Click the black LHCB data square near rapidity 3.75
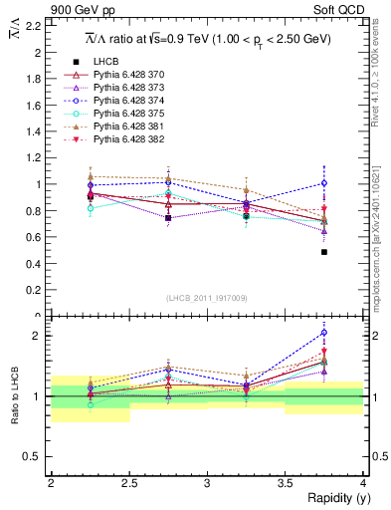coord(324,252)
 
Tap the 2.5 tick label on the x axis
coord(128,482)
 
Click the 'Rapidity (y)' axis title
coord(333,498)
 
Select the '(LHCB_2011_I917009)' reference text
coord(207,298)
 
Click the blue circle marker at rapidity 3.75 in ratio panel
coord(324,333)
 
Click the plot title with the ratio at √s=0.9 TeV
coord(207,37)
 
